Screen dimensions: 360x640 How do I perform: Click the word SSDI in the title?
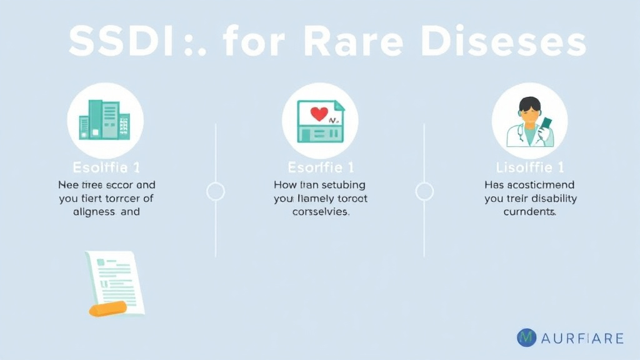(x=119, y=42)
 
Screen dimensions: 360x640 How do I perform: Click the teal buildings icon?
(x=104, y=119)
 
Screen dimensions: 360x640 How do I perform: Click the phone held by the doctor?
(x=546, y=128)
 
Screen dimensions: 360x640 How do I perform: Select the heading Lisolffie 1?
(x=529, y=167)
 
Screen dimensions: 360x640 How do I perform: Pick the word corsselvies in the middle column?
(x=320, y=212)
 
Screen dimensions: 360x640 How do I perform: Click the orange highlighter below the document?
(x=108, y=308)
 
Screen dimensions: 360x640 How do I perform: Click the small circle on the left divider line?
(x=215, y=191)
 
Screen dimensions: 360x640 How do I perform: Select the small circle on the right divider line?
(x=424, y=191)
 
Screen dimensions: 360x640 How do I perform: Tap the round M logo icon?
(x=527, y=338)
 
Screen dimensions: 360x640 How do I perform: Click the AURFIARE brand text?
(x=582, y=339)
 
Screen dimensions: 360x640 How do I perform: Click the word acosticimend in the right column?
(x=540, y=185)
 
